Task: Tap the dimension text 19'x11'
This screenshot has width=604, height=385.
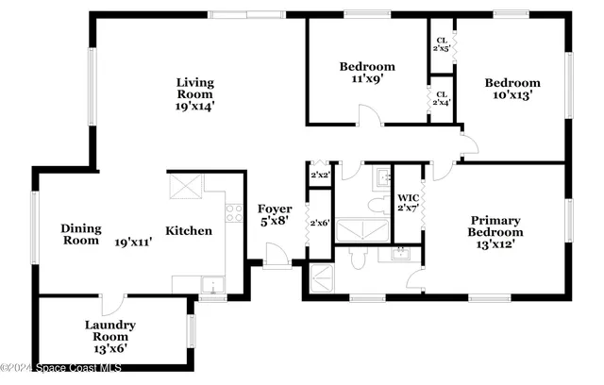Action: [134, 241]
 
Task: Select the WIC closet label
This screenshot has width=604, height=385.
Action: [408, 201]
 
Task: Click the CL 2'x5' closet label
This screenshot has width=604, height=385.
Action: [441, 43]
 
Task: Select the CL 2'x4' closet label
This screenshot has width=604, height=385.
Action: [441, 97]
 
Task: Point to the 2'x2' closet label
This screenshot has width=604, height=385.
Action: [320, 176]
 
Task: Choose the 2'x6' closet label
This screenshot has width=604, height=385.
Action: [320, 223]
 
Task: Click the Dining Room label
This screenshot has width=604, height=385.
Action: [80, 234]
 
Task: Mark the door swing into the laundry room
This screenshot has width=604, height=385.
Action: [112, 308]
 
